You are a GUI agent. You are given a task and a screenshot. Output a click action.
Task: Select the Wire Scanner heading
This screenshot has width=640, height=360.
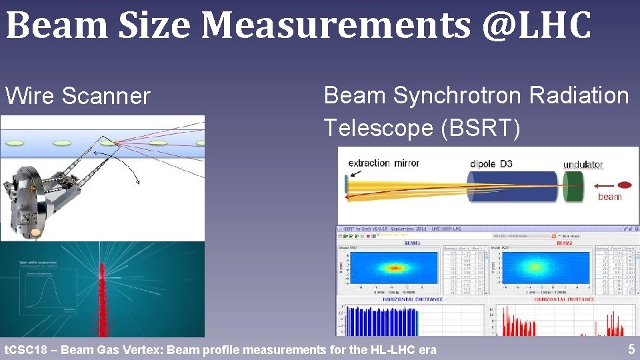[x=78, y=96]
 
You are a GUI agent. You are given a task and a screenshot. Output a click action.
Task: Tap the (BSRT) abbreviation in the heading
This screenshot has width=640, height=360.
[x=481, y=127]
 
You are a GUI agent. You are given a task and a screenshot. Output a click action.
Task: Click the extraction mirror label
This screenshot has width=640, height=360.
[x=383, y=163]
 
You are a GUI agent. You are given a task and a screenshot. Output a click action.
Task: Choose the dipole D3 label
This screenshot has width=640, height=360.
[x=491, y=163]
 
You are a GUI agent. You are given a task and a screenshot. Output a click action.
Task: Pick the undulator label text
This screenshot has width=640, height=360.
[x=583, y=165]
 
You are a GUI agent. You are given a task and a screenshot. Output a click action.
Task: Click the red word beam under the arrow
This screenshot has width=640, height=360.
[x=609, y=197]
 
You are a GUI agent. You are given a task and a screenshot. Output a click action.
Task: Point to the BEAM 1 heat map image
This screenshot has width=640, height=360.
[x=394, y=268]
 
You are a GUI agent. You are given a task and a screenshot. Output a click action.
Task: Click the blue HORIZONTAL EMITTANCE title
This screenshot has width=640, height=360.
[x=412, y=299]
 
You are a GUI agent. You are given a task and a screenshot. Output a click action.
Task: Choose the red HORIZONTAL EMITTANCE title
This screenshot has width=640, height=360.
[x=563, y=299]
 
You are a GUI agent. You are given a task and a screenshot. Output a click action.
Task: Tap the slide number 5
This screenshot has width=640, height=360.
[x=631, y=349]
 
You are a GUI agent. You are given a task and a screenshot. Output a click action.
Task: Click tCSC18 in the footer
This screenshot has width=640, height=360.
[x=25, y=349]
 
